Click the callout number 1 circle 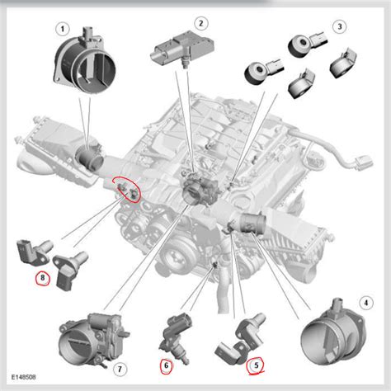pyautogui.click(x=61, y=29)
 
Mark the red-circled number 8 pyautogui.click(x=41, y=278)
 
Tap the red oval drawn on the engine pyautogui.click(x=127, y=191)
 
